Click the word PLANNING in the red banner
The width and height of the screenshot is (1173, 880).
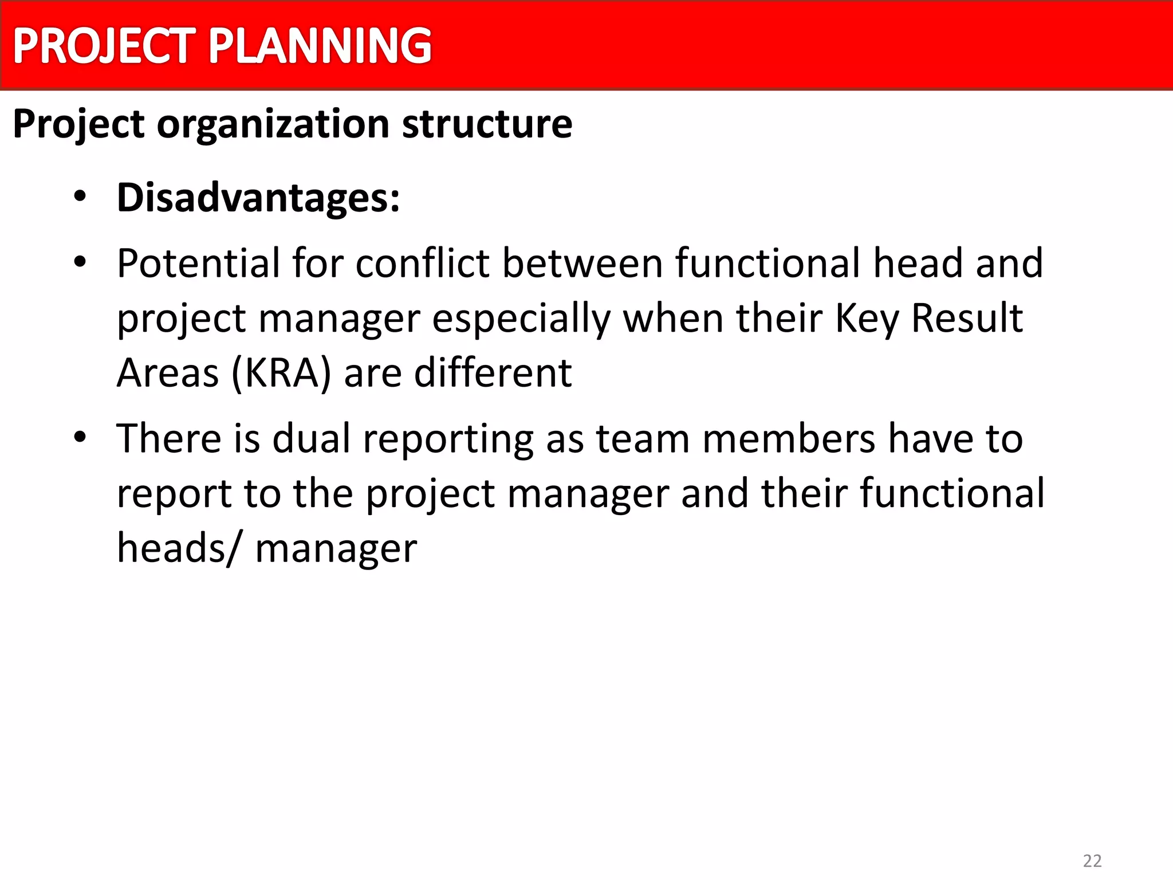click(320, 46)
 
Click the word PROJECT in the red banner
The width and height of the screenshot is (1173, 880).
click(104, 46)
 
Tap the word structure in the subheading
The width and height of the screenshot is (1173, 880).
click(487, 124)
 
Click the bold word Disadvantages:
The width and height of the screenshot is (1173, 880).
click(258, 198)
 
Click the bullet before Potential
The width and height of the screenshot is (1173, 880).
click(80, 262)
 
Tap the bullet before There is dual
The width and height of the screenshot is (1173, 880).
click(80, 438)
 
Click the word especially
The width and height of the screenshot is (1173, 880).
click(521, 319)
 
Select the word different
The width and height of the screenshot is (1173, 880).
click(493, 373)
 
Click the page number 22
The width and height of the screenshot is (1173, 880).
click(1092, 861)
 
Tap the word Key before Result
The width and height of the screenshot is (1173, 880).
click(867, 319)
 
